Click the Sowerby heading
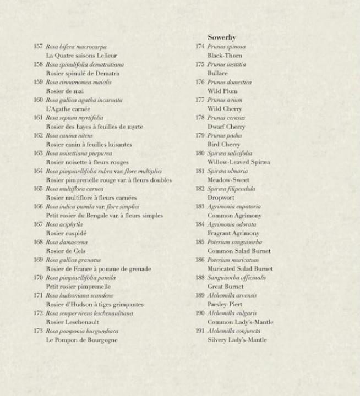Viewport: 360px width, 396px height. [221, 37]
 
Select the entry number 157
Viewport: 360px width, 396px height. [38, 47]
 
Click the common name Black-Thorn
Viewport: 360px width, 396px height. [225, 56]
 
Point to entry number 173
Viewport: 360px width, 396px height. [38, 331]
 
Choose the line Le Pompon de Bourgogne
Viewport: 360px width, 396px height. [81, 340]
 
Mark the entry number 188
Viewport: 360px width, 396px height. [200, 278]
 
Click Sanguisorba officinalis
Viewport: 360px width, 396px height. [237, 278]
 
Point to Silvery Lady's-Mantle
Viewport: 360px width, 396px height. [237, 340]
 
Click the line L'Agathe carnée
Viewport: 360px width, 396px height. [68, 109]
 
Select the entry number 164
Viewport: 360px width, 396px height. [38, 171]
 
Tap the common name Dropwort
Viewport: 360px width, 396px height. [221, 197]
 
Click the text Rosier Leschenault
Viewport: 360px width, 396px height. [72, 322]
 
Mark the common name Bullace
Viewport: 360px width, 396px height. [217, 73]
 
